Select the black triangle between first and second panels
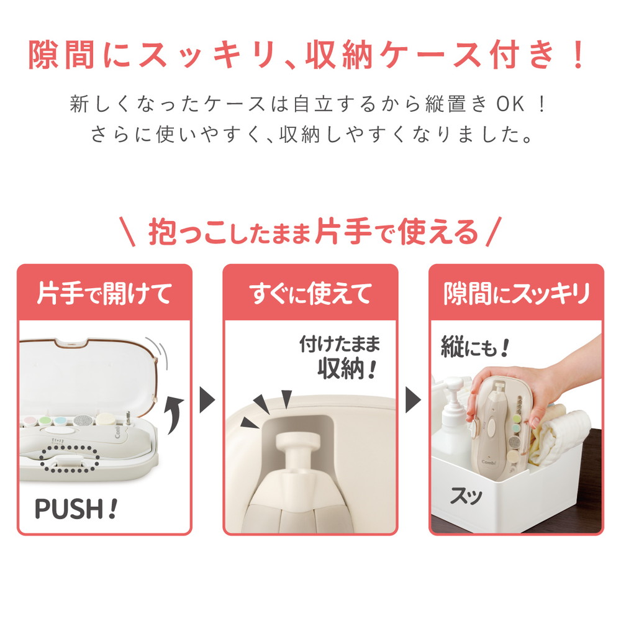point(207,402)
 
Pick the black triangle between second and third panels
point(413,402)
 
